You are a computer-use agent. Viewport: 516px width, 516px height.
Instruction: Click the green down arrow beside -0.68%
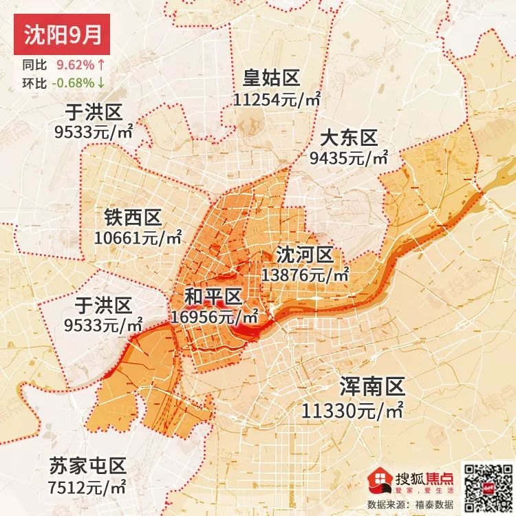coord(101,83)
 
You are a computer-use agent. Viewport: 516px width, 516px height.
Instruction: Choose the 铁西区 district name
coord(133,218)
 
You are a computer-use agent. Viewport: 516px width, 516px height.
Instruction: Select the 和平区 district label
coord(213,297)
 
